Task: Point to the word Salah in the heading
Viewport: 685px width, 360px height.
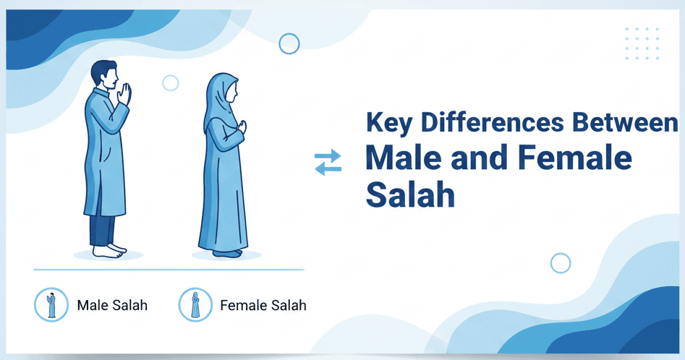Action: click(x=410, y=194)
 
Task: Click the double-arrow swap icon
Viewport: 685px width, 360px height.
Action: click(x=328, y=162)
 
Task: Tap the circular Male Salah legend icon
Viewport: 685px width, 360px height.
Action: click(x=51, y=304)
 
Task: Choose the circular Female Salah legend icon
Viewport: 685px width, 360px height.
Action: click(x=195, y=304)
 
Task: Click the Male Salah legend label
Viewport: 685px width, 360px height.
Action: click(x=112, y=305)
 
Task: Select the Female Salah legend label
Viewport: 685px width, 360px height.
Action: click(x=263, y=305)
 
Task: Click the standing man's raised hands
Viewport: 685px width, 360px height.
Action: click(x=126, y=94)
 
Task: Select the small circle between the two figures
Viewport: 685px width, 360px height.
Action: click(x=171, y=82)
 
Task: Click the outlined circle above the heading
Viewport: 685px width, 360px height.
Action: click(x=289, y=43)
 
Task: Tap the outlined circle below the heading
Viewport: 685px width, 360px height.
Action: click(x=561, y=263)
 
